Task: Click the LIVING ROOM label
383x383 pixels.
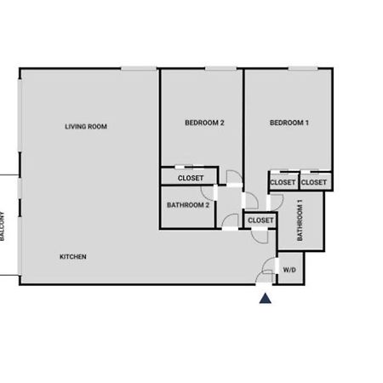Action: pyautogui.click(x=86, y=127)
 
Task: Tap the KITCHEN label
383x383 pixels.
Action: pyautogui.click(x=73, y=257)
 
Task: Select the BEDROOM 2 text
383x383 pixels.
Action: pyautogui.click(x=204, y=123)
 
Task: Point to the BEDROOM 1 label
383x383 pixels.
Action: pyautogui.click(x=289, y=123)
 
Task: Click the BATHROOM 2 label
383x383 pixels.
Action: pyautogui.click(x=188, y=205)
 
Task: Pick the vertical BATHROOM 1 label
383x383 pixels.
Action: pyautogui.click(x=300, y=220)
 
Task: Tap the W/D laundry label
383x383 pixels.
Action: pyautogui.click(x=289, y=270)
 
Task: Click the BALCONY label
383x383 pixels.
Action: pyautogui.click(x=3, y=226)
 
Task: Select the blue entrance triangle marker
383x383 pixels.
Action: pyautogui.click(x=266, y=299)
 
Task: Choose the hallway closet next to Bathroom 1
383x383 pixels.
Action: pyautogui.click(x=260, y=220)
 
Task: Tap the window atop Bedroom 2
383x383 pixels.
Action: pyautogui.click(x=220, y=68)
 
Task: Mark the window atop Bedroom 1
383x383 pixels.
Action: pyautogui.click(x=303, y=68)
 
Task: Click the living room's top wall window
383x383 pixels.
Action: pyautogui.click(x=139, y=68)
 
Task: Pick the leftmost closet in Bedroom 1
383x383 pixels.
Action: pyautogui.click(x=283, y=181)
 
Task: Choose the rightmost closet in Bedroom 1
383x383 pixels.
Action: pyautogui.click(x=316, y=181)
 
